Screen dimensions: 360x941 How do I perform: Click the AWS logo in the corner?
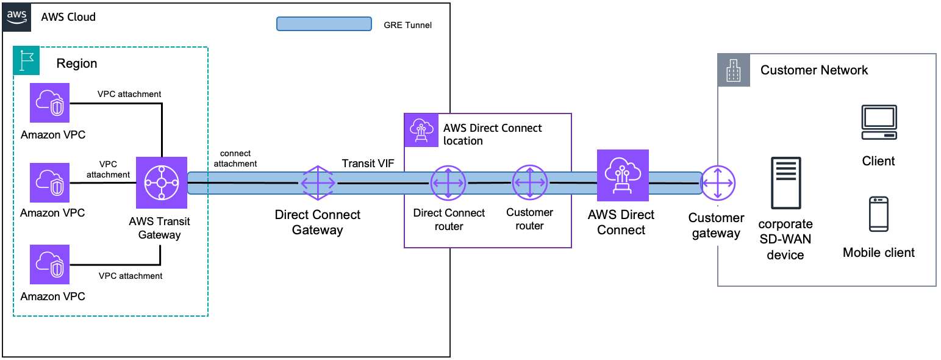18,17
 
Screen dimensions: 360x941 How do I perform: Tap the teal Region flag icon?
26,61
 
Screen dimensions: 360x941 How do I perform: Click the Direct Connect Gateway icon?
318,182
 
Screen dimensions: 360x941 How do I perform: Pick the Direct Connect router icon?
448,182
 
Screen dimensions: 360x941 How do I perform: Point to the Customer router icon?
529,182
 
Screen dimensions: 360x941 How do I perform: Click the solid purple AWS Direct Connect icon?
622,176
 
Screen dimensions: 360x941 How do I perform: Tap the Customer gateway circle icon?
718,182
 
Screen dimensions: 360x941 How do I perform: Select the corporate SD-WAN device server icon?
785,182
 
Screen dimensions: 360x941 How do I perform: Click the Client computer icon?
879,123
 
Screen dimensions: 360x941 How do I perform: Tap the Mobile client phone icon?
879,214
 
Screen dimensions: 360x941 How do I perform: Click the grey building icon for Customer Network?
733,70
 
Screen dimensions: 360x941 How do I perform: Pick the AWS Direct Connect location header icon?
421,129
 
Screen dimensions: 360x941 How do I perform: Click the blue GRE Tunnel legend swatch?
324,24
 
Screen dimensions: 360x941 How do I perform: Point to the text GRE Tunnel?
407,25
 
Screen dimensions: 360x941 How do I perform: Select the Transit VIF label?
368,163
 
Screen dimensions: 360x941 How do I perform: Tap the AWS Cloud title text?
68,17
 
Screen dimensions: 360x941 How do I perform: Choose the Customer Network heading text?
814,70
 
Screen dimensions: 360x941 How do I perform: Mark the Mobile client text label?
878,253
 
